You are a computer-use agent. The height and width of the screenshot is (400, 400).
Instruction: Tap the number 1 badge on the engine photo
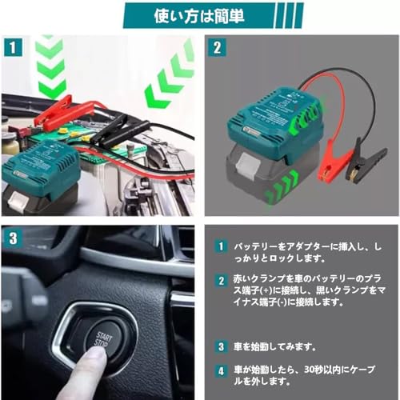[13, 47]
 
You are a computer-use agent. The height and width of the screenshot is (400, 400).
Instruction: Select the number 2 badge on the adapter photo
[217, 47]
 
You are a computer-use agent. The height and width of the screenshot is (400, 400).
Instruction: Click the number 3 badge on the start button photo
[13, 238]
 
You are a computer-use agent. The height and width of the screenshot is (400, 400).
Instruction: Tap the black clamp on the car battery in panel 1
[116, 127]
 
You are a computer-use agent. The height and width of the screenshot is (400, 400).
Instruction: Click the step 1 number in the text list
[220, 248]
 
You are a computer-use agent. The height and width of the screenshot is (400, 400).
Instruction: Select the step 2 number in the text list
[220, 281]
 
